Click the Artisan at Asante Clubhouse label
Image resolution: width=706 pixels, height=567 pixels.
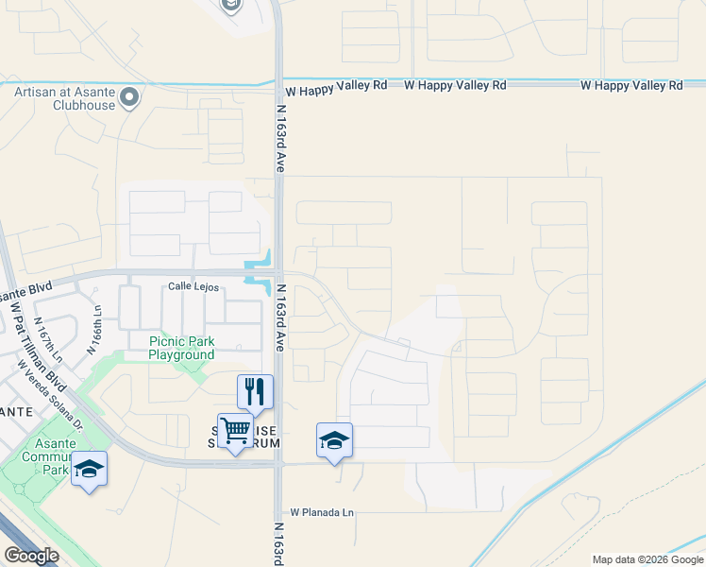(64, 98)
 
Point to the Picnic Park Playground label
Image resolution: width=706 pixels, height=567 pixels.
(181, 348)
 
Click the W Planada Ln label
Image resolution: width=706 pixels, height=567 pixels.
(321, 512)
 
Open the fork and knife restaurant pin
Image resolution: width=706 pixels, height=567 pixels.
(255, 390)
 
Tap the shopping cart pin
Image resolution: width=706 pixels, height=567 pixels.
(235, 432)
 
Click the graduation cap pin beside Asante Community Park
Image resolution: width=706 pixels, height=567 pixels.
(89, 469)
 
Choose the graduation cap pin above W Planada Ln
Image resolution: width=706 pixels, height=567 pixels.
(334, 440)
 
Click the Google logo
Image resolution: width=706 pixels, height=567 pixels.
(30, 556)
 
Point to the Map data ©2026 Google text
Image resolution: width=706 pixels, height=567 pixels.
(647, 559)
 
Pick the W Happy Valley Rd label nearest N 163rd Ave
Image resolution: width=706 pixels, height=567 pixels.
(336, 85)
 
